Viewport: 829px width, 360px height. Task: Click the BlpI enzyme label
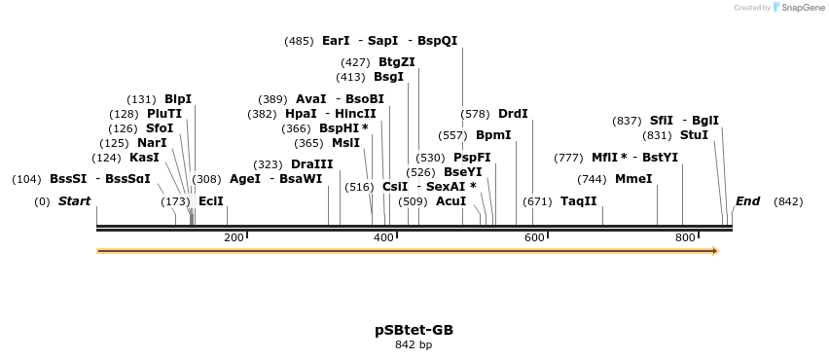pos(178,99)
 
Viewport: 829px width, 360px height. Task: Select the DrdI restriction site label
pos(513,114)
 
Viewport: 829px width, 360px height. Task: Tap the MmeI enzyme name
pos(633,179)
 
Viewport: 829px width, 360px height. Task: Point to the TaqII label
pos(578,201)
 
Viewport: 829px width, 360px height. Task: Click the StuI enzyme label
pos(694,135)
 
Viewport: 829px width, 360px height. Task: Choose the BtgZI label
pos(397,62)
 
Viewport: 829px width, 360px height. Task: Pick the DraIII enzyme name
pos(311,164)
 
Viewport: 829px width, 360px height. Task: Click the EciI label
pos(210,201)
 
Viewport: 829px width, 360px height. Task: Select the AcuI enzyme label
pos(451,201)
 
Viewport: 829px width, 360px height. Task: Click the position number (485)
pos(299,41)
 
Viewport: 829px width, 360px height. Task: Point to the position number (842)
pos(788,201)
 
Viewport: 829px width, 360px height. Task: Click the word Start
pos(74,201)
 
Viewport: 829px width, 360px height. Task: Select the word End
pos(747,201)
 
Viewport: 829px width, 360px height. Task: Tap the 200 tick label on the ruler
pos(234,237)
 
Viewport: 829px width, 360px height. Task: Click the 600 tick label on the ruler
pos(534,237)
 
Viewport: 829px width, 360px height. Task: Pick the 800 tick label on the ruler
pos(684,237)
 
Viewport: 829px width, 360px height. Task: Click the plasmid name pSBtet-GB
pos(414,330)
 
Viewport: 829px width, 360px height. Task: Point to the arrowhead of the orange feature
pos(714,251)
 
